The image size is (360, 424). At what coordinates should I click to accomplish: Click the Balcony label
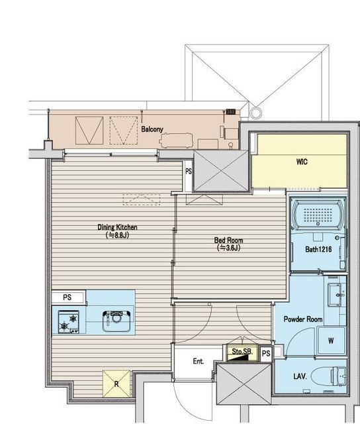(152, 129)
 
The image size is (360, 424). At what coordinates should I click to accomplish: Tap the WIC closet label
(302, 162)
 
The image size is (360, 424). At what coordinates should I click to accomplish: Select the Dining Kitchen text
(117, 227)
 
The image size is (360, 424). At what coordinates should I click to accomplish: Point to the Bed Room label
(228, 240)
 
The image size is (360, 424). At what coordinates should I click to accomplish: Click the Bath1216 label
(318, 249)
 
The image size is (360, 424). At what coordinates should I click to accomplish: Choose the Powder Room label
(303, 319)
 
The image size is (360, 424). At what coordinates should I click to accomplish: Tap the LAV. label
(300, 376)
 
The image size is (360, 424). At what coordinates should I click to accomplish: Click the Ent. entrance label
(199, 361)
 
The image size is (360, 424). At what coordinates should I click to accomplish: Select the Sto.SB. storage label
(242, 352)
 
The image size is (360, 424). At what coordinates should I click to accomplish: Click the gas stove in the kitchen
(69, 322)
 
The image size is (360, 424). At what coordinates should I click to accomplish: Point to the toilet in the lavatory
(328, 376)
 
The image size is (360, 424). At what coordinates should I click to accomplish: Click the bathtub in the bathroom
(318, 215)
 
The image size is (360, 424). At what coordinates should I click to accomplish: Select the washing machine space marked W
(331, 341)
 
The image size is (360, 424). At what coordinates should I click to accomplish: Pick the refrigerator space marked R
(116, 384)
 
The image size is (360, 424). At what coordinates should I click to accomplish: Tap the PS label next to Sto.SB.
(266, 353)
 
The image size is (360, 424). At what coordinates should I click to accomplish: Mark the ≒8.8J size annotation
(117, 235)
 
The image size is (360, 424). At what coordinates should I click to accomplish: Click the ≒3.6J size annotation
(228, 247)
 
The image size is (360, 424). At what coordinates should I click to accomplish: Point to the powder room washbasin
(337, 295)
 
